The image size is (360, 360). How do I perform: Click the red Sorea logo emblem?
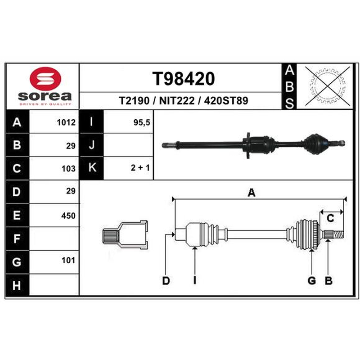tap(45, 79)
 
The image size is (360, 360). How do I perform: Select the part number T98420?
tap(184, 79)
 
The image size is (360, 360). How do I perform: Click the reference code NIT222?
tap(177, 100)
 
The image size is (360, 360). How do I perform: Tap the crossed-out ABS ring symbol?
tap(327, 86)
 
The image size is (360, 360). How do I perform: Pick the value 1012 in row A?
tap(66, 122)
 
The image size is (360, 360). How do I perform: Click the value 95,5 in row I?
tap(142, 122)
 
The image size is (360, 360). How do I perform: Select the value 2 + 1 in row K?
tap(140, 168)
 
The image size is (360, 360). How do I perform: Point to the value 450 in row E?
tap(68, 216)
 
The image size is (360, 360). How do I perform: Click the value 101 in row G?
tap(68, 261)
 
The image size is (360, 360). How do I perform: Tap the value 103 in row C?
tap(68, 169)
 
